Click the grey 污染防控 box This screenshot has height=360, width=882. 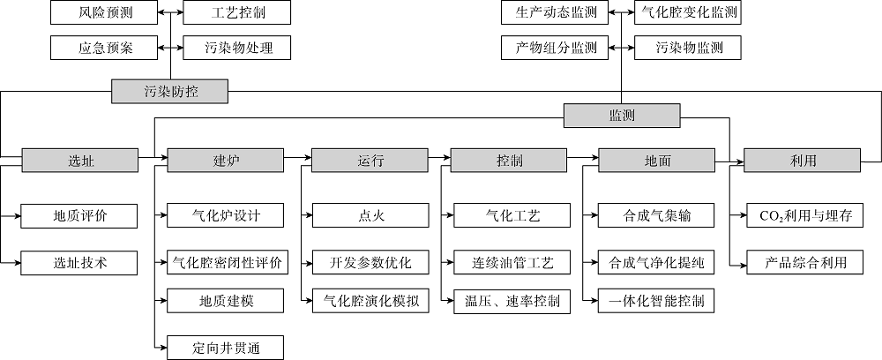pyautogui.click(x=170, y=89)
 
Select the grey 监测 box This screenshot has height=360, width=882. pyautogui.click(x=622, y=115)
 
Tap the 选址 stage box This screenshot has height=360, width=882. pyautogui.click(x=80, y=161)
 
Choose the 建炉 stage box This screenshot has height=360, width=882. pyautogui.click(x=226, y=161)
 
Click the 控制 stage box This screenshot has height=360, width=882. pyautogui.click(x=509, y=161)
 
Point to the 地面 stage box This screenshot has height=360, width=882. pyautogui.click(x=656, y=161)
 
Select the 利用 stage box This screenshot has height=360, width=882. pyautogui.click(x=803, y=161)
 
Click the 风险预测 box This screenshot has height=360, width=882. pyautogui.click(x=104, y=13)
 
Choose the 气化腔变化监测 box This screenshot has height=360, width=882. pyautogui.click(x=685, y=13)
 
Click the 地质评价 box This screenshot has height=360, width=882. pyautogui.click(x=80, y=214)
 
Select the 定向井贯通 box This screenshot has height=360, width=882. pyautogui.click(x=226, y=348)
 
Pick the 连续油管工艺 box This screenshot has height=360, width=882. pyautogui.click(x=509, y=262)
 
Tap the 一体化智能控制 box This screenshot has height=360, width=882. pyautogui.click(x=656, y=301)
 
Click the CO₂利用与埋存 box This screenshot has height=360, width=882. pyautogui.click(x=803, y=214)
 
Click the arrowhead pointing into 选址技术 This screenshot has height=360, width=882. pyautogui.click(x=19, y=262)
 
